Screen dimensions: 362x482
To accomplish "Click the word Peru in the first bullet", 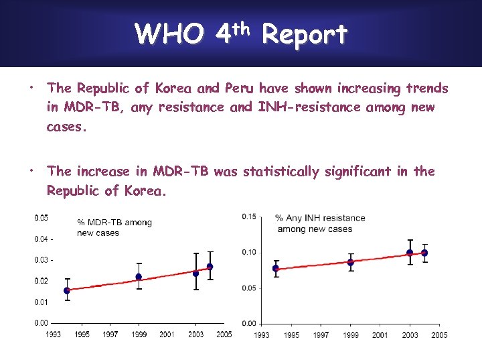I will tap(239, 88).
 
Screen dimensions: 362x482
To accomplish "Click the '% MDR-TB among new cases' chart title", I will tap(114, 227).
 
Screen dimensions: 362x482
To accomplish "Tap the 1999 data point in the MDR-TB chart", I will tap(139, 277).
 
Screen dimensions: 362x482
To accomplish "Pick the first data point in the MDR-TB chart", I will tap(67, 290).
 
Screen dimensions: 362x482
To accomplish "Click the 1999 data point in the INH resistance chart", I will tap(350, 262).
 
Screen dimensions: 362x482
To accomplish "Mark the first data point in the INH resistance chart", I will tap(276, 268).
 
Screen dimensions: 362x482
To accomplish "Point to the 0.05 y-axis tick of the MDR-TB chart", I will tap(41, 218).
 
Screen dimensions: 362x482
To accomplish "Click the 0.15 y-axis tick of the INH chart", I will tap(249, 216).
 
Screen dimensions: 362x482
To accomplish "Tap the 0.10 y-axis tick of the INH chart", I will tap(249, 252).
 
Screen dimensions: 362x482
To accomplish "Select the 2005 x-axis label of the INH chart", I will tap(439, 335).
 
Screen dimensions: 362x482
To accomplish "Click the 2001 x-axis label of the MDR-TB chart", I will tap(167, 334).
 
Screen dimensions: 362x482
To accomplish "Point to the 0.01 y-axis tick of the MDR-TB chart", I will tap(41, 302).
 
